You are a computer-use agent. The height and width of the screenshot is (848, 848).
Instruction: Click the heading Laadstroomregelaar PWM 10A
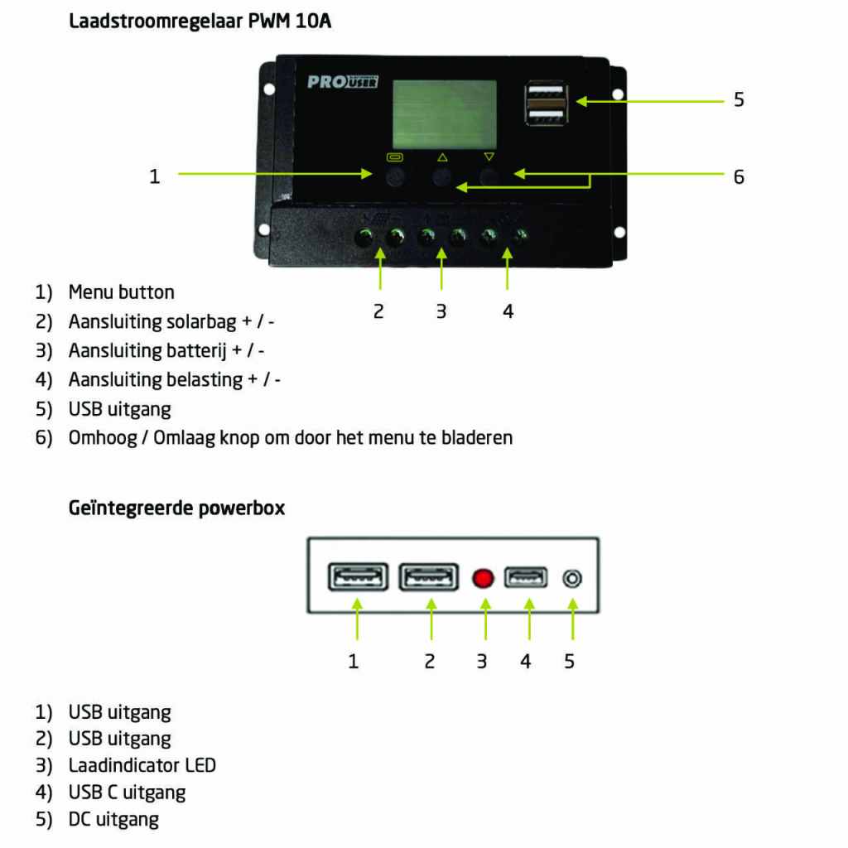click(x=200, y=22)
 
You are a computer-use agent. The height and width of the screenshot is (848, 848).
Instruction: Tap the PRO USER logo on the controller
click(x=343, y=82)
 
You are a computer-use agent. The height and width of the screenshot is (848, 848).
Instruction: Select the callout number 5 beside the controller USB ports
click(x=739, y=100)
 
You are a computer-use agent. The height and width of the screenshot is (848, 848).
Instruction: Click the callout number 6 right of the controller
click(x=739, y=176)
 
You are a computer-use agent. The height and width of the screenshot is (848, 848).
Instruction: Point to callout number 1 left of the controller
click(x=154, y=176)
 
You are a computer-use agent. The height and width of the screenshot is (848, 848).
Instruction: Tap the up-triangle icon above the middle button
click(x=442, y=157)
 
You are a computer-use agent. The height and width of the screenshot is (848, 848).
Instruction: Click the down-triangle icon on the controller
click(x=489, y=157)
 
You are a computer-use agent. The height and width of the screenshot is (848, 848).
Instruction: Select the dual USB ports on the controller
click(x=546, y=103)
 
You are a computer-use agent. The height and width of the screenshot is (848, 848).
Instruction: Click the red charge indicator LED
click(x=483, y=578)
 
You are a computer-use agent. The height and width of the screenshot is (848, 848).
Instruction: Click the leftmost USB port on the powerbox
click(x=358, y=577)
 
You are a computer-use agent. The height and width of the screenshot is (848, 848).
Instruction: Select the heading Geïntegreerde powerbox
click(x=176, y=508)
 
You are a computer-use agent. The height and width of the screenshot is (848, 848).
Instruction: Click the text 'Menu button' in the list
click(x=122, y=292)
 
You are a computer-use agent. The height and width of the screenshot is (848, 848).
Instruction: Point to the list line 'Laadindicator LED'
click(x=142, y=765)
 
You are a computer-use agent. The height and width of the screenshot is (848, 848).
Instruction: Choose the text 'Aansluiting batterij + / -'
click(x=166, y=350)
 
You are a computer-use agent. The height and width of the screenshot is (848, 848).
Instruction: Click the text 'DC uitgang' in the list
click(x=113, y=820)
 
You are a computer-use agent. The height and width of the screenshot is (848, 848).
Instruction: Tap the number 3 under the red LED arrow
click(x=481, y=662)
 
